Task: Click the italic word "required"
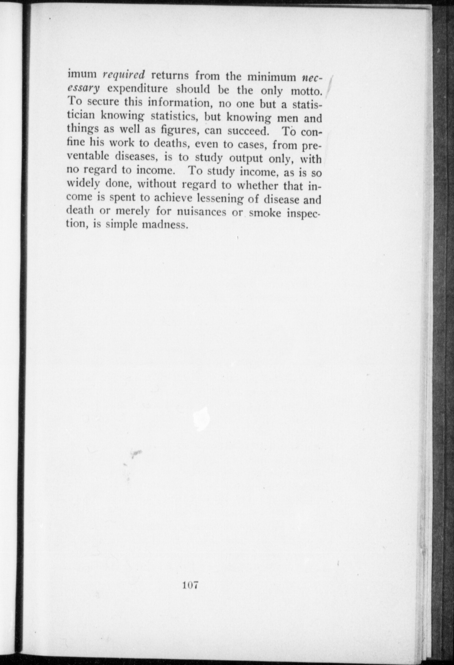click(123, 75)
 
